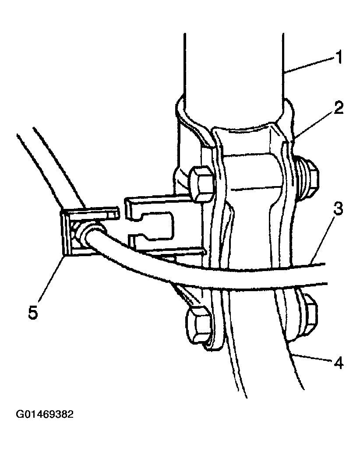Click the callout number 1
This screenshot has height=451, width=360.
click(339, 57)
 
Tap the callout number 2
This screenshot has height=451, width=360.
click(338, 108)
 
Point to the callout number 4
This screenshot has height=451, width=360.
click(339, 363)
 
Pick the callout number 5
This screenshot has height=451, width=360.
click(33, 312)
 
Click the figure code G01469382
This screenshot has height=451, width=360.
click(45, 414)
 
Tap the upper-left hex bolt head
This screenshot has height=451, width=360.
click(201, 183)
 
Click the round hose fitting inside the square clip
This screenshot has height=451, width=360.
click(87, 233)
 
